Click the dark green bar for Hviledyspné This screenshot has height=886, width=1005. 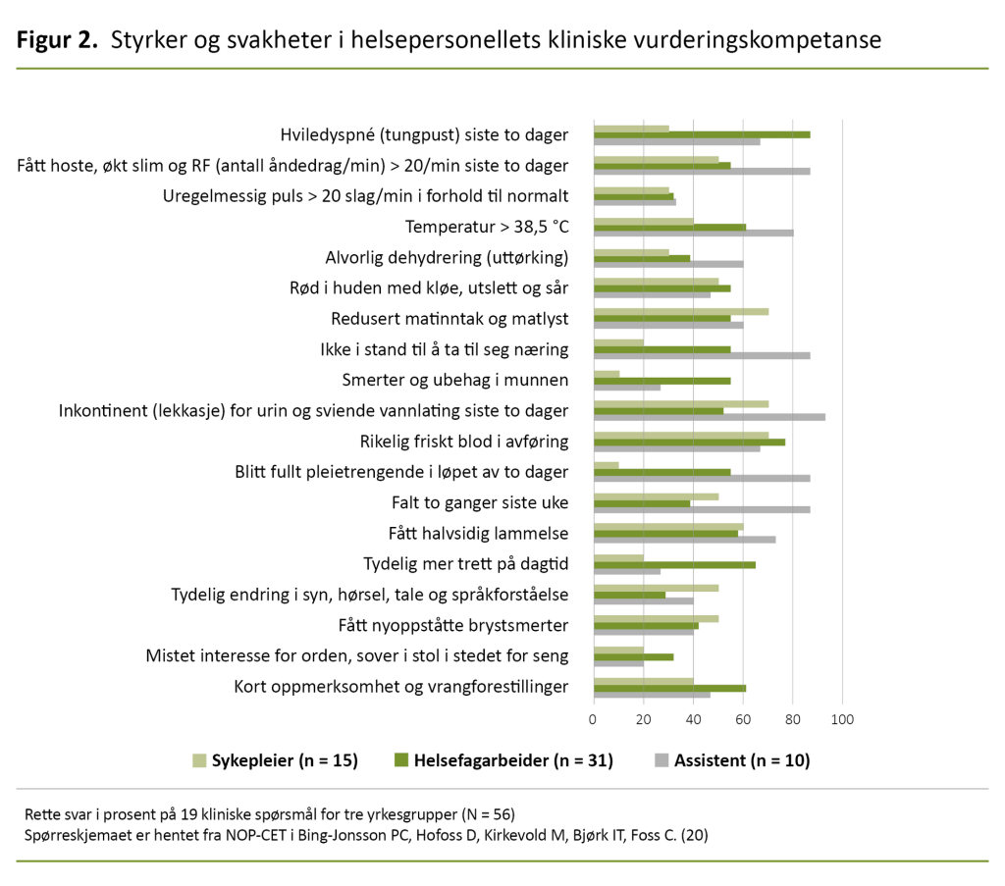click(x=702, y=134)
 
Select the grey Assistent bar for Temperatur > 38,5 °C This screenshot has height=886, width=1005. click(x=693, y=233)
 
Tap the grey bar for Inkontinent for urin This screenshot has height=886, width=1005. click(x=709, y=417)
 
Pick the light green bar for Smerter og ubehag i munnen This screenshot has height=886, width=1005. click(x=607, y=374)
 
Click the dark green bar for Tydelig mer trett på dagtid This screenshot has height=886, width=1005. click(x=674, y=564)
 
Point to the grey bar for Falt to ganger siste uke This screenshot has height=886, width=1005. click(x=702, y=509)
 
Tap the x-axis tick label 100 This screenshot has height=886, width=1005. click(x=842, y=720)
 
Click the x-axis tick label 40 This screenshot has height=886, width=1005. click(x=693, y=720)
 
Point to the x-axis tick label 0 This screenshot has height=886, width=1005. click(x=594, y=720)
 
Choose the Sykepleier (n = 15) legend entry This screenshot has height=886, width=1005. click(x=275, y=760)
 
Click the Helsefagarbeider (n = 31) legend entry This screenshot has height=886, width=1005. click(x=503, y=760)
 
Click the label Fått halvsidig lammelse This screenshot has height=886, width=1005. click(x=479, y=534)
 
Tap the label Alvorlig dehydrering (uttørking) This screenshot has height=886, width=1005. click(x=447, y=258)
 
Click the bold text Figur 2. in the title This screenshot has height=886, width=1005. click(x=56, y=40)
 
